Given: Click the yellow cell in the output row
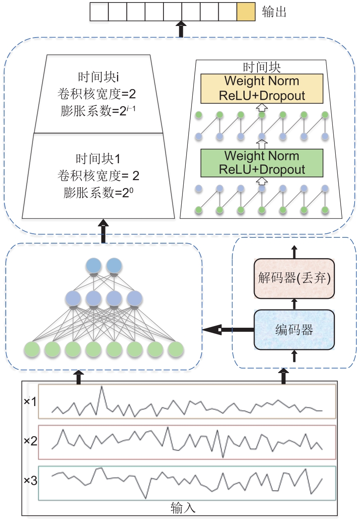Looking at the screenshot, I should pos(246,12).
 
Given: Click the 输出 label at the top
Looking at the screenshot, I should pos(274,12).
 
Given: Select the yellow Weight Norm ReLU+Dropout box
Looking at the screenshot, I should pos(262,88).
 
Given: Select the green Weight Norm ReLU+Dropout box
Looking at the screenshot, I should pos(262,163).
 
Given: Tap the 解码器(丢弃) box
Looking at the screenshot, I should pos(294,279).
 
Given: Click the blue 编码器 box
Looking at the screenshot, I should pos(294,329).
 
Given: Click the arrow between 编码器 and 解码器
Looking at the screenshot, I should pos(294,304).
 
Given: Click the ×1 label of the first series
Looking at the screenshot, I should pos(30,401).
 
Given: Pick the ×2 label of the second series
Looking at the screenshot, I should pos(30,441).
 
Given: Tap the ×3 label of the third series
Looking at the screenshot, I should pos(30,481).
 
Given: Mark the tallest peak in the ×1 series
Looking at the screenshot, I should pos(101,387).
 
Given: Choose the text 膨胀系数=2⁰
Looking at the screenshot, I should pos(98,193).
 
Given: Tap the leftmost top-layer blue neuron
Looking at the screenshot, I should pos(94,266).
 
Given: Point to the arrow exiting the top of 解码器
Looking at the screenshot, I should pos(294,252).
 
